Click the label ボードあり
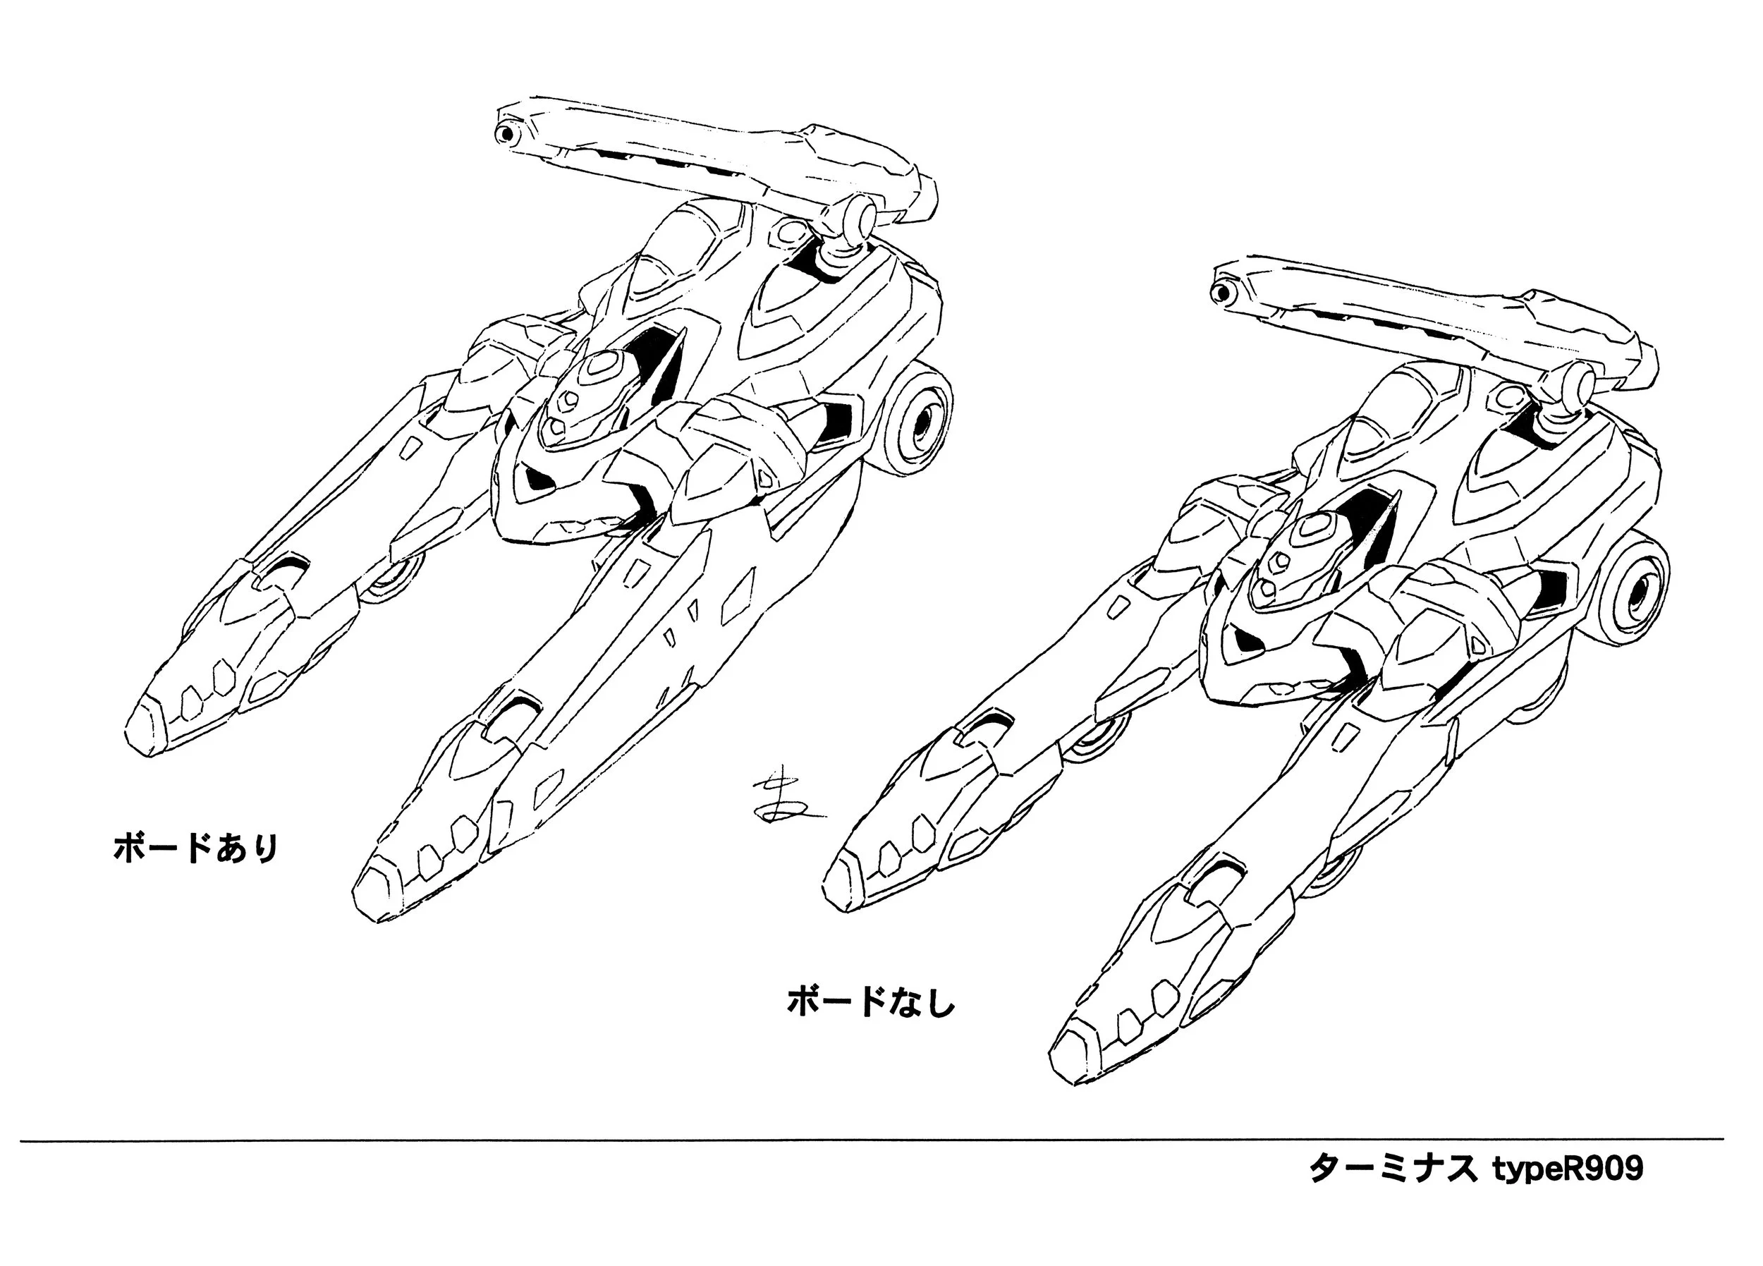coord(196,848)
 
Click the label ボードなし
coord(871,1003)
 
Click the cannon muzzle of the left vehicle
coord(508,134)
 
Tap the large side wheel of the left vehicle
coord(925,424)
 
